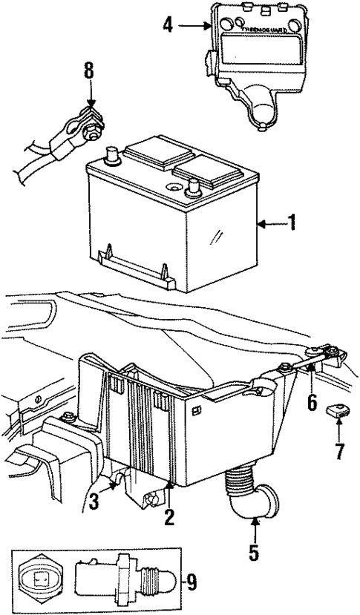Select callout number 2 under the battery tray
169,517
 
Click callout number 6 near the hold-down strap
312,403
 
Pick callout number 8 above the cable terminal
89,73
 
